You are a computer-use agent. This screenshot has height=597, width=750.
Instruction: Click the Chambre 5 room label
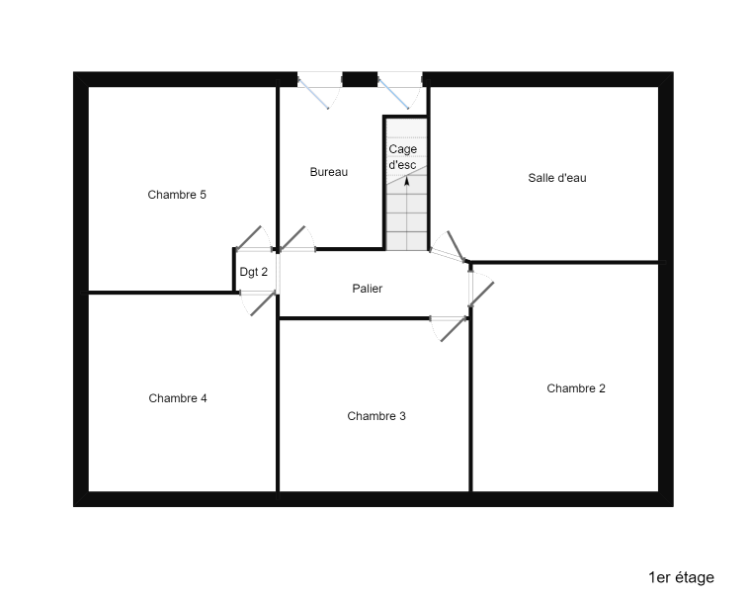(x=177, y=195)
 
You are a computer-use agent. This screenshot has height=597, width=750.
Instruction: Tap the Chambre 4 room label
(x=178, y=398)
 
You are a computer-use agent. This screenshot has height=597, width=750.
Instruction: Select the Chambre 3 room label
(x=376, y=416)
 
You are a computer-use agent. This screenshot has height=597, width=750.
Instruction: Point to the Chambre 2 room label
(x=576, y=388)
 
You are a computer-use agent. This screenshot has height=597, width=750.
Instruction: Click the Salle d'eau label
(x=557, y=178)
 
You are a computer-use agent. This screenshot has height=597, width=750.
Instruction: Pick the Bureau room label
(x=329, y=172)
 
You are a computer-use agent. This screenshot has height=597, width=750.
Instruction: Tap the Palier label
(x=368, y=289)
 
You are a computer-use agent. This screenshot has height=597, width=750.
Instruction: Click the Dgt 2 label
(x=254, y=272)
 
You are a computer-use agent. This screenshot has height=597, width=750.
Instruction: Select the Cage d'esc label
(x=403, y=157)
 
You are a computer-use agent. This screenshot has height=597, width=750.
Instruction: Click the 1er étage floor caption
(x=681, y=577)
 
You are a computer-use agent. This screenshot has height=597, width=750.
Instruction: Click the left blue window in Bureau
(x=313, y=94)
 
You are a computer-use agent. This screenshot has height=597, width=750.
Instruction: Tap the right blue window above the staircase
(x=393, y=94)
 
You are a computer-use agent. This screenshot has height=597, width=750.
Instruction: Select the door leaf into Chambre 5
(x=249, y=238)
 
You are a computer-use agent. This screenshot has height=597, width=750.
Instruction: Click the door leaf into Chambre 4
(x=263, y=303)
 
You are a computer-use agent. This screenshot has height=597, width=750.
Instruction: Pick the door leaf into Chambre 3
(x=454, y=329)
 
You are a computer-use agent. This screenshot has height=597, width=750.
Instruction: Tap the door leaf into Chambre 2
(x=481, y=295)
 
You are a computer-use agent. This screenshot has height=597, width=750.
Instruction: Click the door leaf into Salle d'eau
(x=456, y=246)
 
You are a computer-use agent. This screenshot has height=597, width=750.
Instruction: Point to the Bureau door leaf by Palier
(x=292, y=238)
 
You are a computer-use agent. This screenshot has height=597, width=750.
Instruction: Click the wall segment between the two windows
(x=360, y=79)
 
